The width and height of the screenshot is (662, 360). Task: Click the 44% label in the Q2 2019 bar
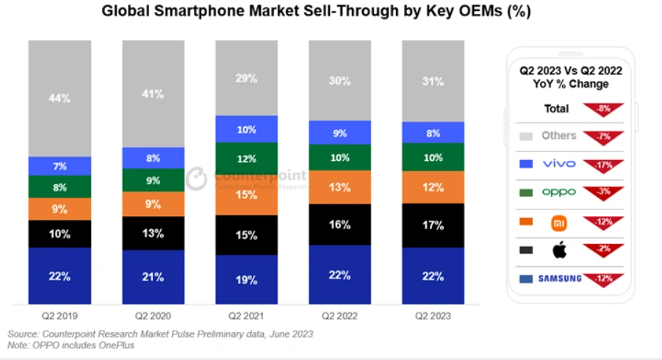(x=60, y=98)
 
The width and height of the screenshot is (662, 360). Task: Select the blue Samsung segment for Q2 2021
(x=247, y=279)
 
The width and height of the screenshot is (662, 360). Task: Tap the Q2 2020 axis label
(x=153, y=316)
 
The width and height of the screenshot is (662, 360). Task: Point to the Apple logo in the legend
(x=559, y=250)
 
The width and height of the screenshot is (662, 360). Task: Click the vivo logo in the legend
(x=558, y=163)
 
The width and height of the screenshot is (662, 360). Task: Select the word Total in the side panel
(x=556, y=109)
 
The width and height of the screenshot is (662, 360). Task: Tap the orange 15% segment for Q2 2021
(x=247, y=195)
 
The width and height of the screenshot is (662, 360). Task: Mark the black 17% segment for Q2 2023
(x=433, y=225)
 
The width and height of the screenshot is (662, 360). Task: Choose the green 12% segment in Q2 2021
(x=247, y=159)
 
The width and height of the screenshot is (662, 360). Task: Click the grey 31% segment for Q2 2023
(x=433, y=81)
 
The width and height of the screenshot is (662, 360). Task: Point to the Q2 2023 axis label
(x=433, y=316)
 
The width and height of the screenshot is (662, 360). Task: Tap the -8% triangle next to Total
(x=605, y=109)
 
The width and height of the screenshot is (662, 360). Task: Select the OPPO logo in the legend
(x=558, y=192)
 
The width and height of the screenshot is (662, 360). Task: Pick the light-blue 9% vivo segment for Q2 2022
(x=340, y=133)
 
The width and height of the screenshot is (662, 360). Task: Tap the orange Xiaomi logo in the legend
(x=559, y=221)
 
